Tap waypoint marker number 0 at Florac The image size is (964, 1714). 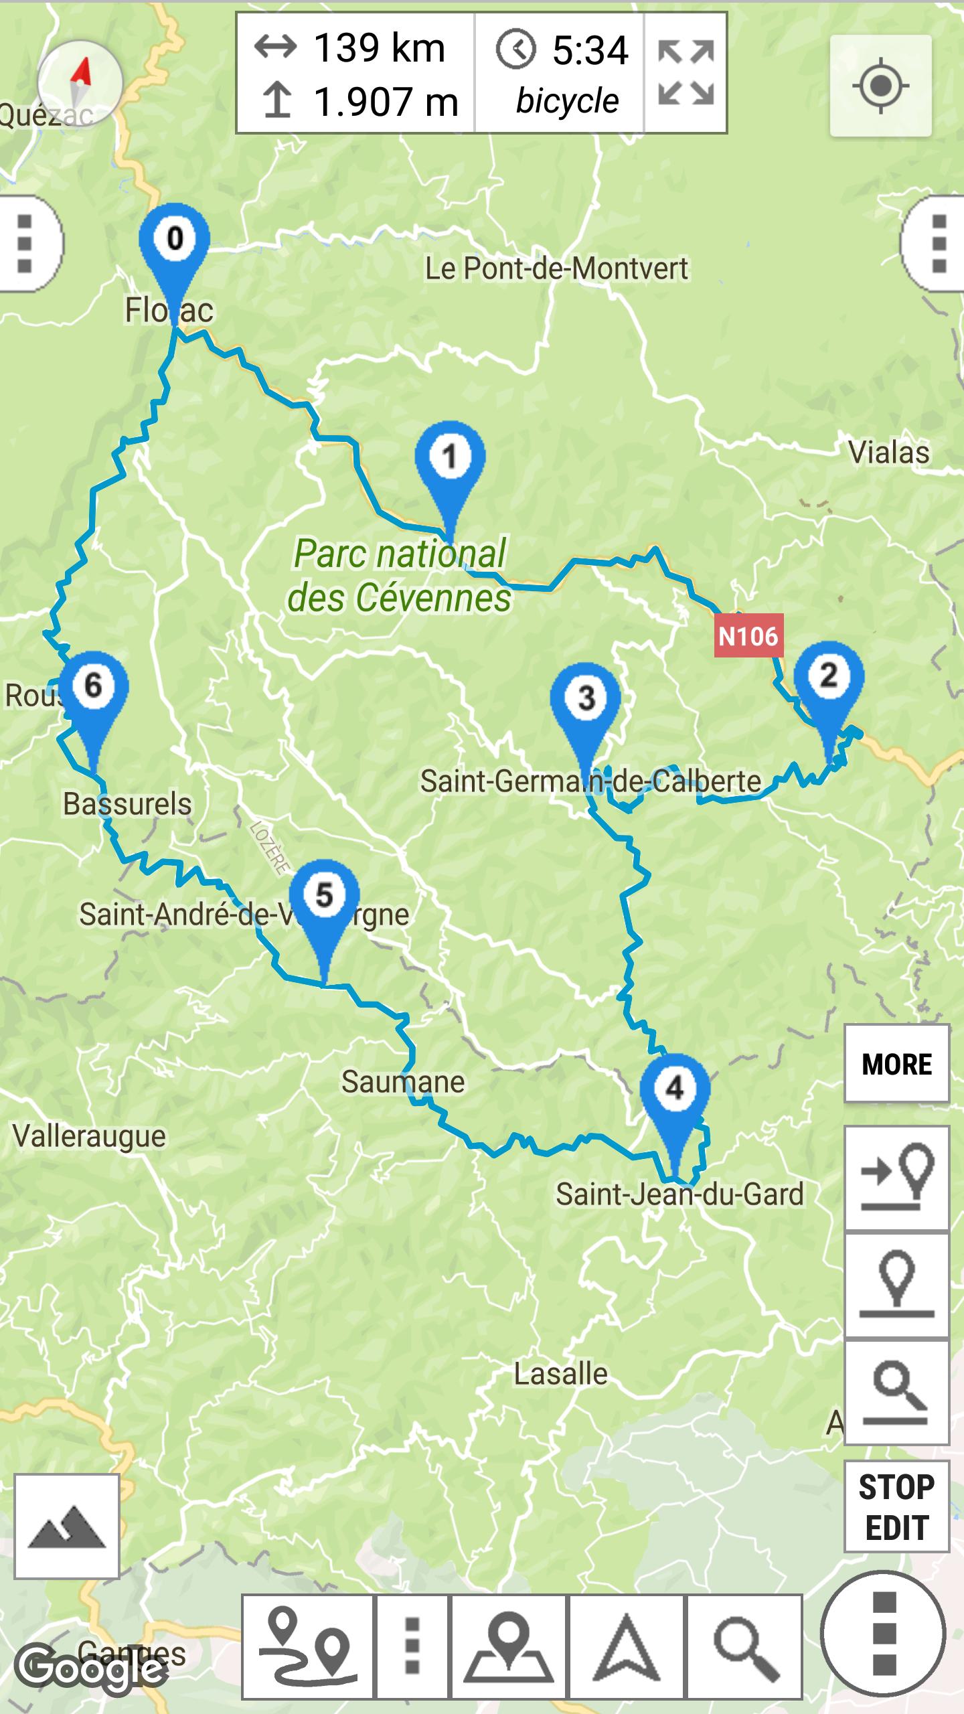pos(174,241)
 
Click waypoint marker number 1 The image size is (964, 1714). pos(450,459)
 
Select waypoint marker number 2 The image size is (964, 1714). pos(829,678)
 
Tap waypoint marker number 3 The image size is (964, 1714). pos(586,700)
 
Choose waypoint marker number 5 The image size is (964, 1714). pos(324,897)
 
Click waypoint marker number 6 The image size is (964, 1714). pos(93,687)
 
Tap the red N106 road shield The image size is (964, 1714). pos(748,636)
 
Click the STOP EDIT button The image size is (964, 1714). pos(896,1506)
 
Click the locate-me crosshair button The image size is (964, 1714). pos(880,86)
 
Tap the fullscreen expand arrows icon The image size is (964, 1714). pos(686,73)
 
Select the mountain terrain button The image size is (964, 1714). pos(67,1526)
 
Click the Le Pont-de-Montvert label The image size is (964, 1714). pos(556,269)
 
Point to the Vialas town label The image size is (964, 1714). pos(889,453)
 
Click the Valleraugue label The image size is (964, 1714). pos(89,1136)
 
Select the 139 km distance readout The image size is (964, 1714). pos(379,48)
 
